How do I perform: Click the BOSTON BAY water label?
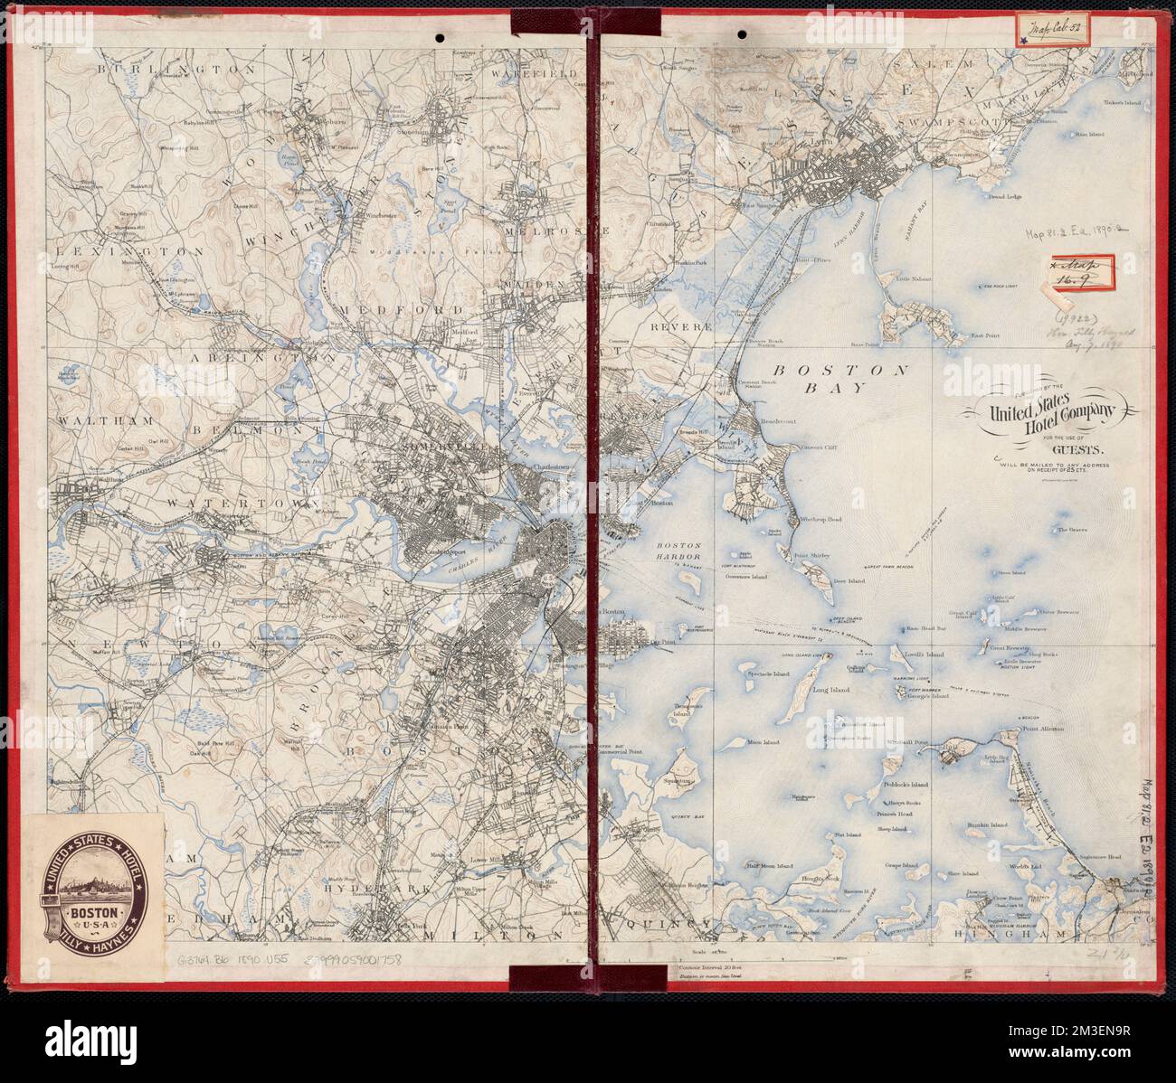pyautogui.click(x=839, y=379)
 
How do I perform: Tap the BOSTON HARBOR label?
pyautogui.click(x=679, y=551)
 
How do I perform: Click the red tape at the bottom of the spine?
pyautogui.click(x=550, y=979)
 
